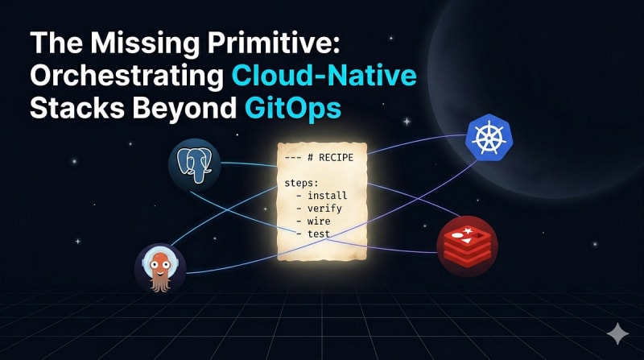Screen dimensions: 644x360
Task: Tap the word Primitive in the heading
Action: [x=274, y=43]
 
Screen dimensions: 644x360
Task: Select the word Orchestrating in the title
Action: [x=127, y=76]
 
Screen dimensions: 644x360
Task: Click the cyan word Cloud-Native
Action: [x=324, y=75]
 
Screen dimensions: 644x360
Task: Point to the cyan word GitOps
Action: [x=293, y=108]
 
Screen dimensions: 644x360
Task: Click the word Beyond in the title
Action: [x=184, y=108]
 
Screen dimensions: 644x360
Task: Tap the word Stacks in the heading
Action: [x=77, y=108]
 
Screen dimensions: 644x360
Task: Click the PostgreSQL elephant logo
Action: [x=194, y=165]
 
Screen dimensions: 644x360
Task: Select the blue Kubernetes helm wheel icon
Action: [x=489, y=137]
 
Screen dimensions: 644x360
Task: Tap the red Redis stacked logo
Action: [x=468, y=246]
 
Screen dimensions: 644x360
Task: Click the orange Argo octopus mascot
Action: [x=160, y=269]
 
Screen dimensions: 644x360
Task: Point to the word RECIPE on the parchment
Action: [x=336, y=157]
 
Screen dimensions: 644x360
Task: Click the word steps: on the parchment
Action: [x=301, y=183]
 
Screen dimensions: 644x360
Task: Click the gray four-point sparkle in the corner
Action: [x=617, y=333]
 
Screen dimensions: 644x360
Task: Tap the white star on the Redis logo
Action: [x=468, y=231]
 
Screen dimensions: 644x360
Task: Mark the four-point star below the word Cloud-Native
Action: [x=407, y=122]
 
